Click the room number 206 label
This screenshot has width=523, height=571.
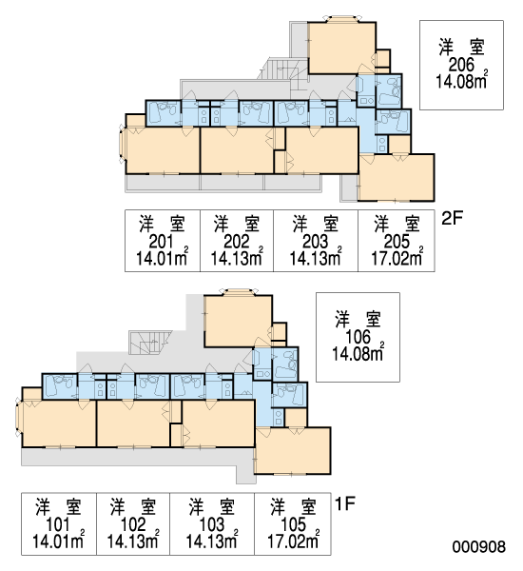click(x=461, y=65)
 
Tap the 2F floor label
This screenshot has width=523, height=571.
click(x=452, y=219)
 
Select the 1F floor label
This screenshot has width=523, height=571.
click(x=344, y=504)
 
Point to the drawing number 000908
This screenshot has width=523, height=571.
click(x=479, y=546)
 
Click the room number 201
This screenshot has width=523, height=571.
click(x=162, y=242)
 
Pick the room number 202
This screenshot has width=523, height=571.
click(x=237, y=242)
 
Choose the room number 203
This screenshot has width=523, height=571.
click(x=315, y=242)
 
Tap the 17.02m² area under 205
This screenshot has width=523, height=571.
click(x=397, y=258)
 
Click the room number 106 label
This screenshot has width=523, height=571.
click(x=358, y=337)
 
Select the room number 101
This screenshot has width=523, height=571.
click(x=58, y=524)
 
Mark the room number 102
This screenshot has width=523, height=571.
click(x=133, y=524)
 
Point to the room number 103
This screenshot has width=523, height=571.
click(x=212, y=524)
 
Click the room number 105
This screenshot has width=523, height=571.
click(x=293, y=524)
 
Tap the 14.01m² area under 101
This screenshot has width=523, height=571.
click(x=59, y=541)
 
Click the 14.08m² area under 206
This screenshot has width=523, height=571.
click(x=462, y=81)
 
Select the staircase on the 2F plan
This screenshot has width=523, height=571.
click(x=283, y=73)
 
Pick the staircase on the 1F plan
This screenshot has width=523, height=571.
click(x=150, y=343)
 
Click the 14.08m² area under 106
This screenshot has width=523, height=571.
click(x=358, y=352)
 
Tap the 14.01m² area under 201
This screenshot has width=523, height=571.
click(x=163, y=258)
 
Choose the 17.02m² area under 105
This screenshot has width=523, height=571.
click(x=294, y=541)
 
